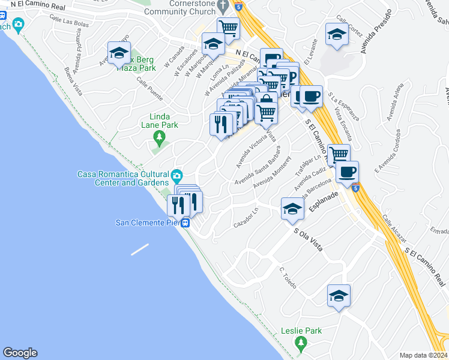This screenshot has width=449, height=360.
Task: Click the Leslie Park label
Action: [x=301, y=331]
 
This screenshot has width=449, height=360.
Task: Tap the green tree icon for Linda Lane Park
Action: [x=159, y=139]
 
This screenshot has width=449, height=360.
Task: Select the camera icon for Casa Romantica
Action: [x=176, y=176]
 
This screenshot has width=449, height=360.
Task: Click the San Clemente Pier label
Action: [x=148, y=223]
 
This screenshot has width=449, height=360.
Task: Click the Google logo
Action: [x=20, y=353]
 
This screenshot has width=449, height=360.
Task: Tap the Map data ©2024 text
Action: [x=424, y=355]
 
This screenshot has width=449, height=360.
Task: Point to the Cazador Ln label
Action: [x=246, y=217]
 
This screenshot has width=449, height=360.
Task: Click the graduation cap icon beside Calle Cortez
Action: [x=337, y=34]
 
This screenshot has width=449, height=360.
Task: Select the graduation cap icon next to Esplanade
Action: [x=292, y=208]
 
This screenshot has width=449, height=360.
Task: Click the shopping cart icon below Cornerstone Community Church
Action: [x=229, y=26]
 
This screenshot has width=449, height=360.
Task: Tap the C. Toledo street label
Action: [x=289, y=277]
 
